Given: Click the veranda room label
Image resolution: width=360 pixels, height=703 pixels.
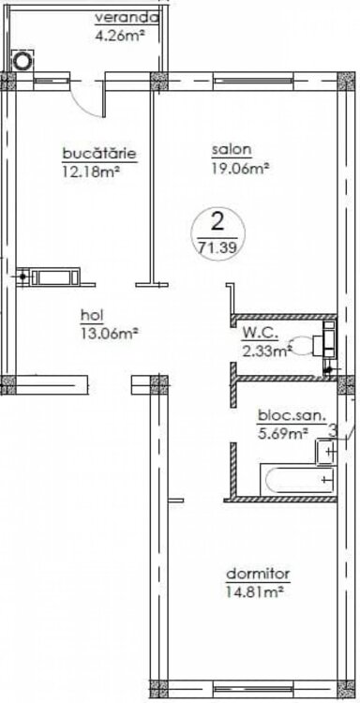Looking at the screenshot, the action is pyautogui.click(x=127, y=19).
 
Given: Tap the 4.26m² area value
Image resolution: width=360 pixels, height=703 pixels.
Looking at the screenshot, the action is pyautogui.click(x=119, y=35).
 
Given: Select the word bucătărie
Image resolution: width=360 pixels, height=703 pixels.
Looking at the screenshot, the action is pyautogui.click(x=99, y=154).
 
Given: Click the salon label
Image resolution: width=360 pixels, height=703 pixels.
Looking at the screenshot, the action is pyautogui.click(x=232, y=150).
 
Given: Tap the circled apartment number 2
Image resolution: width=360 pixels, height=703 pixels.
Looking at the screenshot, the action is pyautogui.click(x=217, y=222).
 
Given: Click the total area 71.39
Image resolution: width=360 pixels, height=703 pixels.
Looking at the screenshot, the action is pyautogui.click(x=217, y=247).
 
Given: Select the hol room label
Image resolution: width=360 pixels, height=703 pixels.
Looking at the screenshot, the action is pyautogui.click(x=92, y=315).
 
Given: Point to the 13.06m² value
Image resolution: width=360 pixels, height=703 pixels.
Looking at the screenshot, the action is pyautogui.click(x=109, y=333).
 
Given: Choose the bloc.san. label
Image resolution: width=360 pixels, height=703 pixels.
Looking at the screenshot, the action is pyautogui.click(x=292, y=416).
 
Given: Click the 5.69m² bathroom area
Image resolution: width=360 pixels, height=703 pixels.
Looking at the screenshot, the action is pyautogui.click(x=283, y=433).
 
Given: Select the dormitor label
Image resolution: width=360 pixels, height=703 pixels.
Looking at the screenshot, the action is pyautogui.click(x=258, y=574).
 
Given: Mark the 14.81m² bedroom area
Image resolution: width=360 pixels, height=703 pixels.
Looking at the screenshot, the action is pyautogui.click(x=256, y=591).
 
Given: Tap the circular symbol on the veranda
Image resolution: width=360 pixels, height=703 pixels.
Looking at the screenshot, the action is pyautogui.click(x=22, y=60).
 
